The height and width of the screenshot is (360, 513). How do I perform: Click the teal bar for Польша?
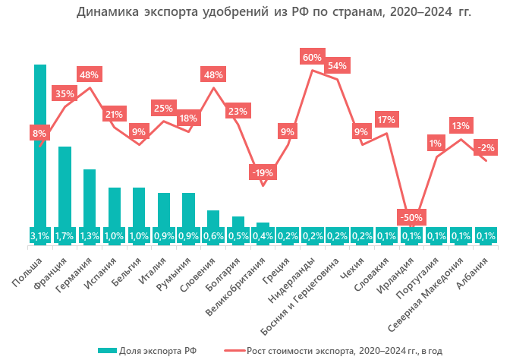point(40,144)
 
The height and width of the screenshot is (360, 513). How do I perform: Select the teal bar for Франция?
point(65,186)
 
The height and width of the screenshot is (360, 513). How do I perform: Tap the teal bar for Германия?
point(90,197)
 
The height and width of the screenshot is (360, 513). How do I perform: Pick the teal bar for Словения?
point(213,219)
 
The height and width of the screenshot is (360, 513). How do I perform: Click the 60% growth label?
point(312,57)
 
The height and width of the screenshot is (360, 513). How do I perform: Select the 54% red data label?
point(337,65)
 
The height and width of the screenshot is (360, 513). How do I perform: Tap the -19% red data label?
point(263,172)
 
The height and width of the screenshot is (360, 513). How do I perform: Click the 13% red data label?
point(461,125)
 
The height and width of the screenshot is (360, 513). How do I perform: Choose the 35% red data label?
point(65,94)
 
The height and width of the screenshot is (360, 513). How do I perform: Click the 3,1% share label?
point(39,236)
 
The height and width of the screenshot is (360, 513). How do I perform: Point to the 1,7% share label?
point(65,236)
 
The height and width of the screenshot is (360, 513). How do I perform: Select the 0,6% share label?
point(213,236)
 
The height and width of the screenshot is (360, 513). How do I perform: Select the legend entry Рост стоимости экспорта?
point(334,350)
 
